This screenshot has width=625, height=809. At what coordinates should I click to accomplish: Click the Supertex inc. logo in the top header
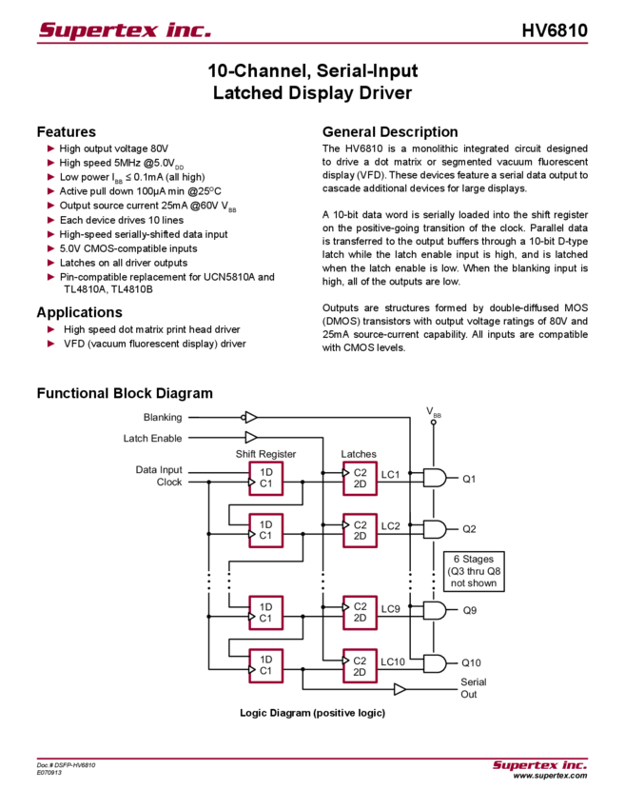click(125, 30)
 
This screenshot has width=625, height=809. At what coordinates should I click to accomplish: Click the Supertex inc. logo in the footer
click(539, 765)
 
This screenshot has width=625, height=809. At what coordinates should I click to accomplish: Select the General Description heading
click(390, 131)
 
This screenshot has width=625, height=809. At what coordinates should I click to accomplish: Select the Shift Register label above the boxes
click(265, 454)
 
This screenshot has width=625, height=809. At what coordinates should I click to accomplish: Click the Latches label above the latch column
click(359, 454)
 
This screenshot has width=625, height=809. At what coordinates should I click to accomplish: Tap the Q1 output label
click(469, 478)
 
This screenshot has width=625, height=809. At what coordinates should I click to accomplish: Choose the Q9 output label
click(469, 609)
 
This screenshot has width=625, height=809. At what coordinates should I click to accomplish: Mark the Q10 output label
click(471, 661)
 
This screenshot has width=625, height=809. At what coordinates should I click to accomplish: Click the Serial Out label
click(469, 688)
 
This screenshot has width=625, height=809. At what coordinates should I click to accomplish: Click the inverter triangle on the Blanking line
click(249, 417)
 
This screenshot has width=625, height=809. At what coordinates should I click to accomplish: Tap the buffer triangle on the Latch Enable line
click(251, 438)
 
